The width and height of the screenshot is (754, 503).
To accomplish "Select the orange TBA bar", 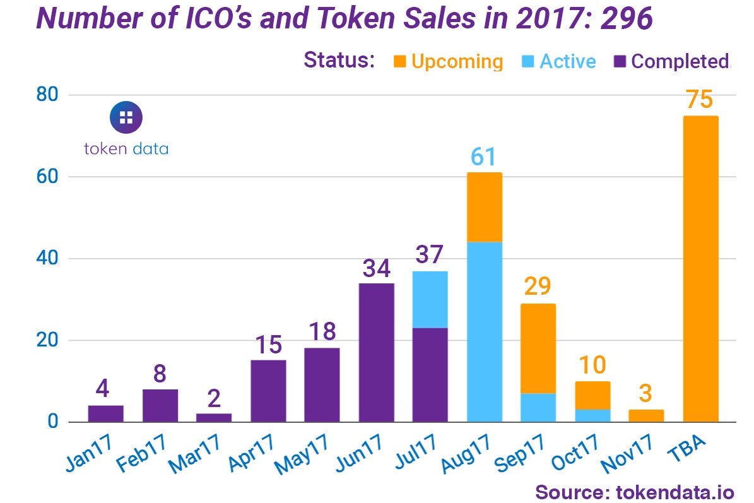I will pyautogui.click(x=700, y=268).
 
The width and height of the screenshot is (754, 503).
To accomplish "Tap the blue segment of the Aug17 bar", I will pyautogui.click(x=485, y=331).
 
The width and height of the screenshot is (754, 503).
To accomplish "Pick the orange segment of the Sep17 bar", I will pyautogui.click(x=538, y=348).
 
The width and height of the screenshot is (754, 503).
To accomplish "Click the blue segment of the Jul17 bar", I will pyautogui.click(x=430, y=300).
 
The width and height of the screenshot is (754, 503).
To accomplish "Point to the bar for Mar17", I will pyautogui.click(x=214, y=417).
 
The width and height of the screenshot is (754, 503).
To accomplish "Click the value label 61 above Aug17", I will pyautogui.click(x=483, y=157).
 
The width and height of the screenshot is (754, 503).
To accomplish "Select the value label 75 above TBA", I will pyautogui.click(x=700, y=100).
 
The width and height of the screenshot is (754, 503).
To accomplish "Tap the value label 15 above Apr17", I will pyautogui.click(x=268, y=345).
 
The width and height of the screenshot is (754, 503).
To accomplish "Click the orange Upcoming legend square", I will pyautogui.click(x=399, y=61).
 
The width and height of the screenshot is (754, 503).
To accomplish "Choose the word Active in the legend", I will pyautogui.click(x=567, y=61).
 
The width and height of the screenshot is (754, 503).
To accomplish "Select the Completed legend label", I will pyautogui.click(x=680, y=61).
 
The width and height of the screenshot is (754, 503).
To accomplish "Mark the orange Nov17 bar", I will pyautogui.click(x=646, y=415).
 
